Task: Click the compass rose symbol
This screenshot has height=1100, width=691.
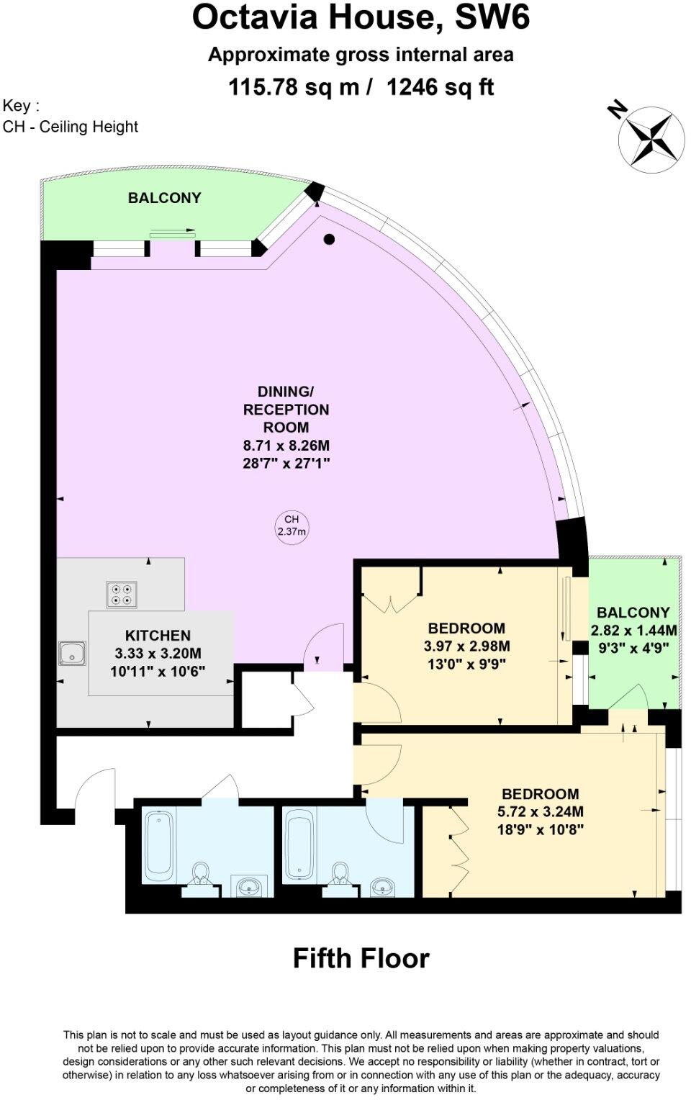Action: click(651, 138)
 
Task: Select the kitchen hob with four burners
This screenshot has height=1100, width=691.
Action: click(122, 594)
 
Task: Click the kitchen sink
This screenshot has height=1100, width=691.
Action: click(73, 654)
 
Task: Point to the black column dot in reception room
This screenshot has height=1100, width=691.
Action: click(329, 240)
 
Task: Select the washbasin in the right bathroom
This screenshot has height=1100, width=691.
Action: click(381, 886)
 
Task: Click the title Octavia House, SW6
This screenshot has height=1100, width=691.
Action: click(361, 18)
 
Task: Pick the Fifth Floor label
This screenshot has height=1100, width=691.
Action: click(361, 958)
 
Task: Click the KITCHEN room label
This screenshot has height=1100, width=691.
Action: click(158, 635)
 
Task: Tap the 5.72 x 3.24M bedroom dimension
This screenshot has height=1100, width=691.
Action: click(540, 811)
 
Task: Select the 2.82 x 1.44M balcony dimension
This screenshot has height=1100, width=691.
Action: click(633, 630)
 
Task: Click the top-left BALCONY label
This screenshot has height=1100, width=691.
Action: click(164, 198)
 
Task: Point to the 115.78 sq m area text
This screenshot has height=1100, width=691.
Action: click(293, 87)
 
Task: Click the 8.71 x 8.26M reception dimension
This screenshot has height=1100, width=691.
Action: click(286, 446)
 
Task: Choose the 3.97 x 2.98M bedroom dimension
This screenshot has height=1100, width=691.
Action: click(466, 646)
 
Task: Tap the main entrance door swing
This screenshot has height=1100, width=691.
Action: click(94, 788)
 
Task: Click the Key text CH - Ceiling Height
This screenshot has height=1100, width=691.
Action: click(71, 127)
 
